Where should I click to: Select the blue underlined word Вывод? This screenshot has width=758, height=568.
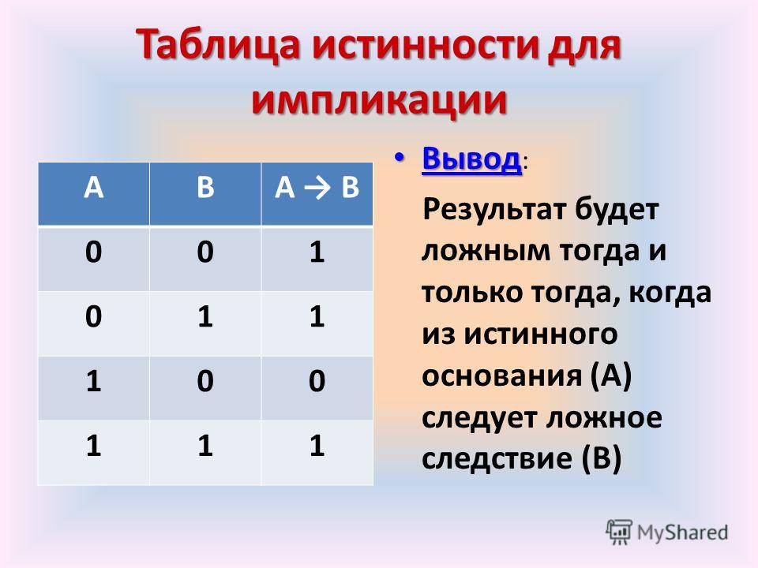tap(472, 158)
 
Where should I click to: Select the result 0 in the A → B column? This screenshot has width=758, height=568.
tap(317, 380)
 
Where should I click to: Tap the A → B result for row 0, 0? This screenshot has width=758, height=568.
tap(317, 252)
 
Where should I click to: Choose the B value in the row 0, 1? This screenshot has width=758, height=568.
tap(205, 316)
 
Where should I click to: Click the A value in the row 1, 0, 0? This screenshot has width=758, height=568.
tap(93, 380)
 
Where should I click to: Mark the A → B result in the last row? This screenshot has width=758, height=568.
tap(317, 445)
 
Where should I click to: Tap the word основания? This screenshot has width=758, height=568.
tap(501, 376)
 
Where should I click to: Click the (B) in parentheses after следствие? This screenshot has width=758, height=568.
tap(601, 458)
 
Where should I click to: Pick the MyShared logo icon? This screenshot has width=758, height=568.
tap(619, 532)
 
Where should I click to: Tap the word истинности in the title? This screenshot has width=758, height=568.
tap(425, 46)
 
